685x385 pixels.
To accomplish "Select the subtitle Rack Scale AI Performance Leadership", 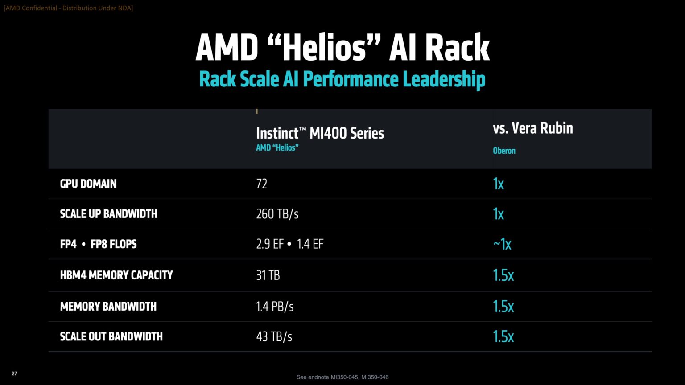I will pos(342,79).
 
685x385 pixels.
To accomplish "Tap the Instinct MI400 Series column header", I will pos(320,133).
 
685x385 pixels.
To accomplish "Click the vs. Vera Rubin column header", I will pos(532,128).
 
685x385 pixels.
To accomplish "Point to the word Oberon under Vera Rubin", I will pos(504,151).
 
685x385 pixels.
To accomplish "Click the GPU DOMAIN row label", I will pos(88,184).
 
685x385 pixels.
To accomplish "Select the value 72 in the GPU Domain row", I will pos(261,184).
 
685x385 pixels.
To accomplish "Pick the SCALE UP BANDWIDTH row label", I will pos(108,214).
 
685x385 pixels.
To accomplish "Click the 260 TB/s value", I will pos(277,214).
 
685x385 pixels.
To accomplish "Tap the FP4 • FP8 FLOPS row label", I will pos(98,244).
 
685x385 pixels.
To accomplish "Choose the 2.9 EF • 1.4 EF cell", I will pos(289,244).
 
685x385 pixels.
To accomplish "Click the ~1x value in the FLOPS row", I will pos(502,244).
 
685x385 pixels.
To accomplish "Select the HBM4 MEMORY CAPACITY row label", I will pos(116,275).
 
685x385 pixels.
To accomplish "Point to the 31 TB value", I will pos(268,275).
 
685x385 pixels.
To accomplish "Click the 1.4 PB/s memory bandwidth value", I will pos(275,307).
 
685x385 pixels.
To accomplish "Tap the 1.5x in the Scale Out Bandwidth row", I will pos(503,336).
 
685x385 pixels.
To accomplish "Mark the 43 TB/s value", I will pos(274,336).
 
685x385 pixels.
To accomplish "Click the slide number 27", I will pos(14,373).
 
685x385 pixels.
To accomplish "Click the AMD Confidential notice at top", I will pos(68,8).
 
